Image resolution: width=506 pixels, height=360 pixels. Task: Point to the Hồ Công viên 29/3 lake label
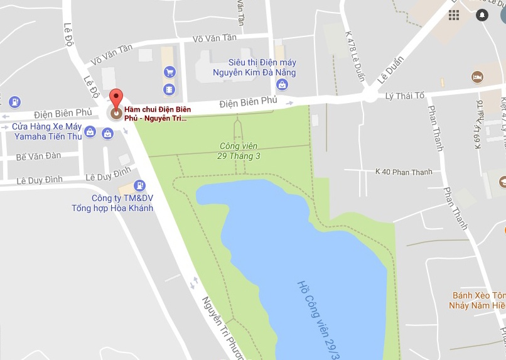pos(313,318)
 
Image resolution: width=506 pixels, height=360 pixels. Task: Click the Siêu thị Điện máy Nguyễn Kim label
pos(262,68)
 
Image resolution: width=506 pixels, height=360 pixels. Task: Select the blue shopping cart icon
pos(169,72)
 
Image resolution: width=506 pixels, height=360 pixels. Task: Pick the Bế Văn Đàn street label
pos(38,156)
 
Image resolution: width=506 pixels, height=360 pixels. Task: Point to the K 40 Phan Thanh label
pos(401,171)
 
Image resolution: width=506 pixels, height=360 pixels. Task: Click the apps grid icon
pos(454,14)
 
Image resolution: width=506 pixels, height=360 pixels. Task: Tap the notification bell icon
pos(482,14)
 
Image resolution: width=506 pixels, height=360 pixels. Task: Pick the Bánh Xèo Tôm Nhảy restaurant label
pos(479,300)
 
